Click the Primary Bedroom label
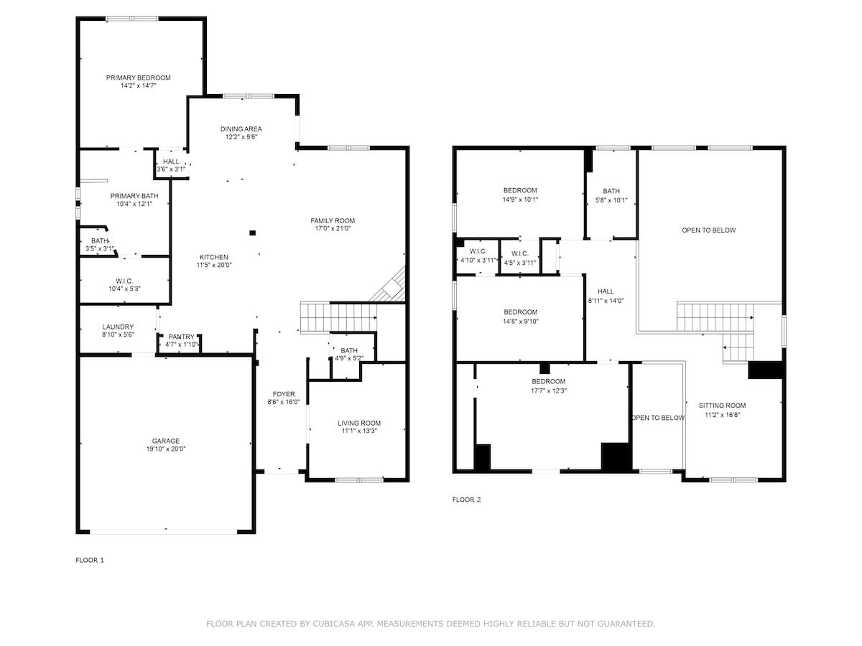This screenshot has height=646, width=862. [x=138, y=78]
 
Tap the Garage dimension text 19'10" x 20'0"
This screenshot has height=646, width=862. [x=166, y=449]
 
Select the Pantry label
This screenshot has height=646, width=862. [x=181, y=337]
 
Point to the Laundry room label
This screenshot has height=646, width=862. [x=118, y=327]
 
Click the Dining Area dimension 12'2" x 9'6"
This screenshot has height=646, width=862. [x=241, y=137]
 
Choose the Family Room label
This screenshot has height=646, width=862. [x=333, y=221]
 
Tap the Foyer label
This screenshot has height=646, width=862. [x=284, y=394]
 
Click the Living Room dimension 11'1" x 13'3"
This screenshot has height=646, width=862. [x=359, y=431]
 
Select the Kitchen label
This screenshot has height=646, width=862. [x=213, y=257]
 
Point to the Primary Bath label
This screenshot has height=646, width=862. [x=134, y=196]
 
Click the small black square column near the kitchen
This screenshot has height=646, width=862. [x=253, y=233]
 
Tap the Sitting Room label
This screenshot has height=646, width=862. [x=722, y=406]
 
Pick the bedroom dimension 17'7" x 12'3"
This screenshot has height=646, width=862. [x=549, y=390]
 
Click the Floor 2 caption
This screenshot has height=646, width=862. [x=466, y=500]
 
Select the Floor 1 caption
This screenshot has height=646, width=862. [x=90, y=560]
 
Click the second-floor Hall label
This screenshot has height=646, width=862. [x=606, y=291]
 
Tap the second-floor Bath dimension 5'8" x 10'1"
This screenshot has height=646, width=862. [x=611, y=200]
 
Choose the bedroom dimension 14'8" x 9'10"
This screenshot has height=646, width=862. [x=521, y=322]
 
